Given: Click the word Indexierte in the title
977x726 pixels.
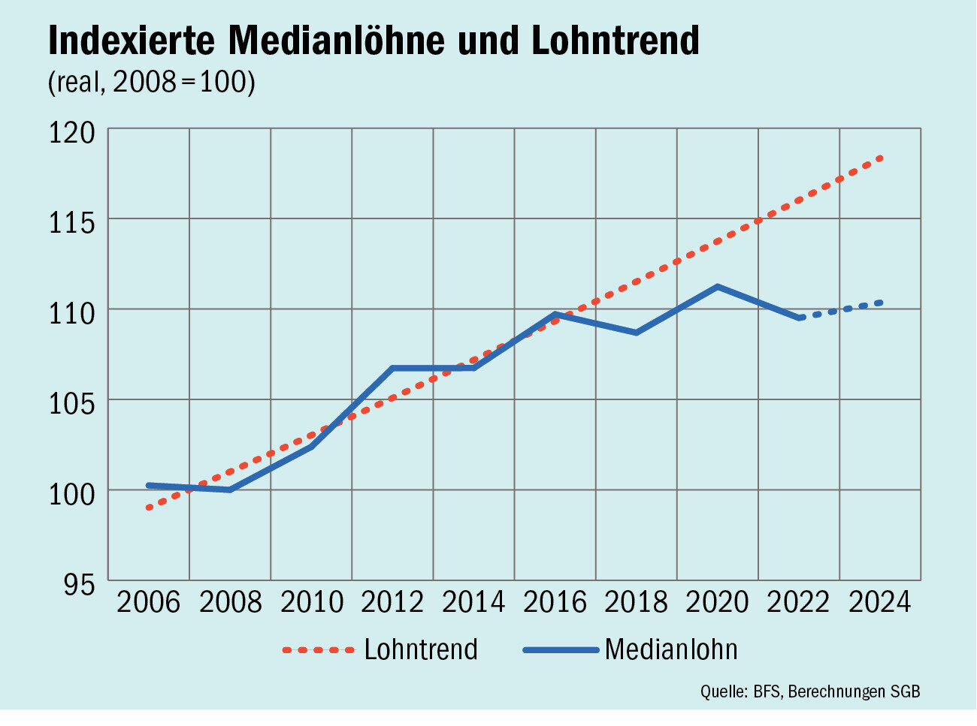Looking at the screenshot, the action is coord(132,41).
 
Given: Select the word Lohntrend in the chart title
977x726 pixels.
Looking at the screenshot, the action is coord(615,41).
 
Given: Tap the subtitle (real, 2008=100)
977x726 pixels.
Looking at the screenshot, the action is coord(151,82).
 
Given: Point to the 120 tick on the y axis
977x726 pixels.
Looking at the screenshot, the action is coord(72,132).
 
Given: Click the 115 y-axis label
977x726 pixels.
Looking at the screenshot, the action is coord(72,223).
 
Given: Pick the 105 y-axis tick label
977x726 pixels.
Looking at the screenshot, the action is coord(72,403).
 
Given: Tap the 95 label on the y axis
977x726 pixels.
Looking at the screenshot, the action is coord(80,584).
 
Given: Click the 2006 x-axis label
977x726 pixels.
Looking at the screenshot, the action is coord(149,602).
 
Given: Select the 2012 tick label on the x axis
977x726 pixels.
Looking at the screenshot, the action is coord(392,602).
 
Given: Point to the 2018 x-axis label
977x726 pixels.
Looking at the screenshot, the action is coord(636,602).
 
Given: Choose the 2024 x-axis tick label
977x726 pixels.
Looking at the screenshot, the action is coord(879,602).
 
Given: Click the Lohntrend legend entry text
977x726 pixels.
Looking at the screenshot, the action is coord(421,649).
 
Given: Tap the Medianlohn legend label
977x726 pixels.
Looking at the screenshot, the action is coord(671,649).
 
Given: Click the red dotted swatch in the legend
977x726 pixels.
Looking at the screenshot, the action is coord(319,650).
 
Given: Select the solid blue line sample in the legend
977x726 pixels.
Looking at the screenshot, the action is coord(561,650).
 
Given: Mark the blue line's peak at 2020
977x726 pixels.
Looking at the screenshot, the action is coord(717,287).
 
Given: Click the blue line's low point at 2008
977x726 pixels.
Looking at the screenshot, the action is coord(229,490).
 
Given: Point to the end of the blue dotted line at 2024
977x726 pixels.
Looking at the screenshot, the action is coord(881,303).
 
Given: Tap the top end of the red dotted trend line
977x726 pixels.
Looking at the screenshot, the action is coord(881,158).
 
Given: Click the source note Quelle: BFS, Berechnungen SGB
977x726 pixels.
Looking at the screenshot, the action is coord(810,692).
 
